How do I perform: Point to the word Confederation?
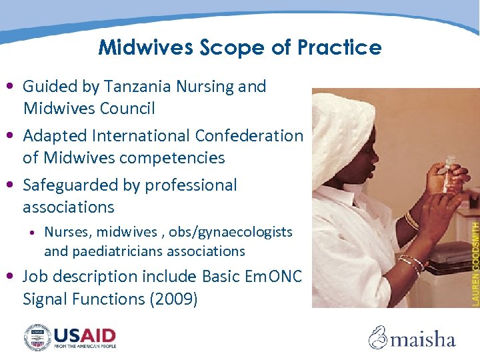[249, 135]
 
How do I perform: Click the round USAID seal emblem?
[37, 337]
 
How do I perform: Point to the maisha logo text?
[423, 339]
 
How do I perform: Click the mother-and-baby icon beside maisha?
[378, 337]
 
